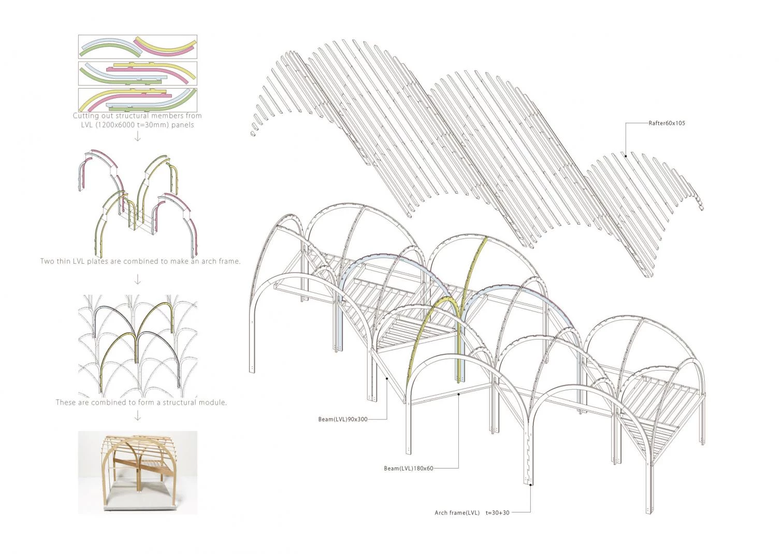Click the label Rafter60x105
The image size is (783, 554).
[666, 123]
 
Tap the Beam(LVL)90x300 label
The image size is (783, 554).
[343, 419]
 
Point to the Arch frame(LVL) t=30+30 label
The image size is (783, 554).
[472, 513]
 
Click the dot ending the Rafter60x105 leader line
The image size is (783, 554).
[626, 155]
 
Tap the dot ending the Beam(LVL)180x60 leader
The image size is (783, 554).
[459, 394]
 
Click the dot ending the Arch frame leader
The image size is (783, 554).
[532, 485]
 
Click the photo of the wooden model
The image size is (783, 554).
[138, 472]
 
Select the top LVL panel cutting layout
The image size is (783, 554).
[138, 47]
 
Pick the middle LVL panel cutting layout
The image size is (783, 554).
[138, 73]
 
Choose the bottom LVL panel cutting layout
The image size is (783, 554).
[138, 100]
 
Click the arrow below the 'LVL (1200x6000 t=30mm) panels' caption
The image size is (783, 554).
[138, 136]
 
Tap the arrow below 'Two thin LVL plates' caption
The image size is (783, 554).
[138, 280]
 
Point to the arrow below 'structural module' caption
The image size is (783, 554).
[138, 416]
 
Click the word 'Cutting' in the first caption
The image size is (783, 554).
[85, 116]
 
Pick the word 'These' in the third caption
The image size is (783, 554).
[65, 402]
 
